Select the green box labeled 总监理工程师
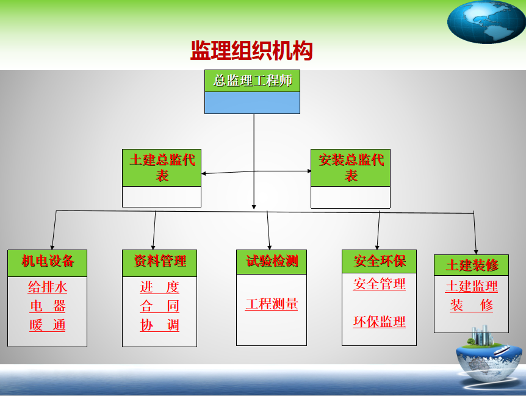[252, 81]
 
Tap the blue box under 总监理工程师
[252, 103]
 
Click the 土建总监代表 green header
[162, 168]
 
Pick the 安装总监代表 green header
[350, 168]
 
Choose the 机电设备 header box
[47, 263]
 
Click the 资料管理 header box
[159, 262]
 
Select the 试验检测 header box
[272, 262]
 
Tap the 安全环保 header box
[379, 262]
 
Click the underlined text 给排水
[47, 287]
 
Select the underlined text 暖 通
[47, 325]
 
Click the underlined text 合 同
[159, 306]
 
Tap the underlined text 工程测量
[272, 304]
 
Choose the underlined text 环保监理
[379, 322]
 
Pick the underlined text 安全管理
[379, 284]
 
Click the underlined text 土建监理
[472, 286]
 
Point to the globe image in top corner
[486, 21]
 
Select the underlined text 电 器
[47, 306]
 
